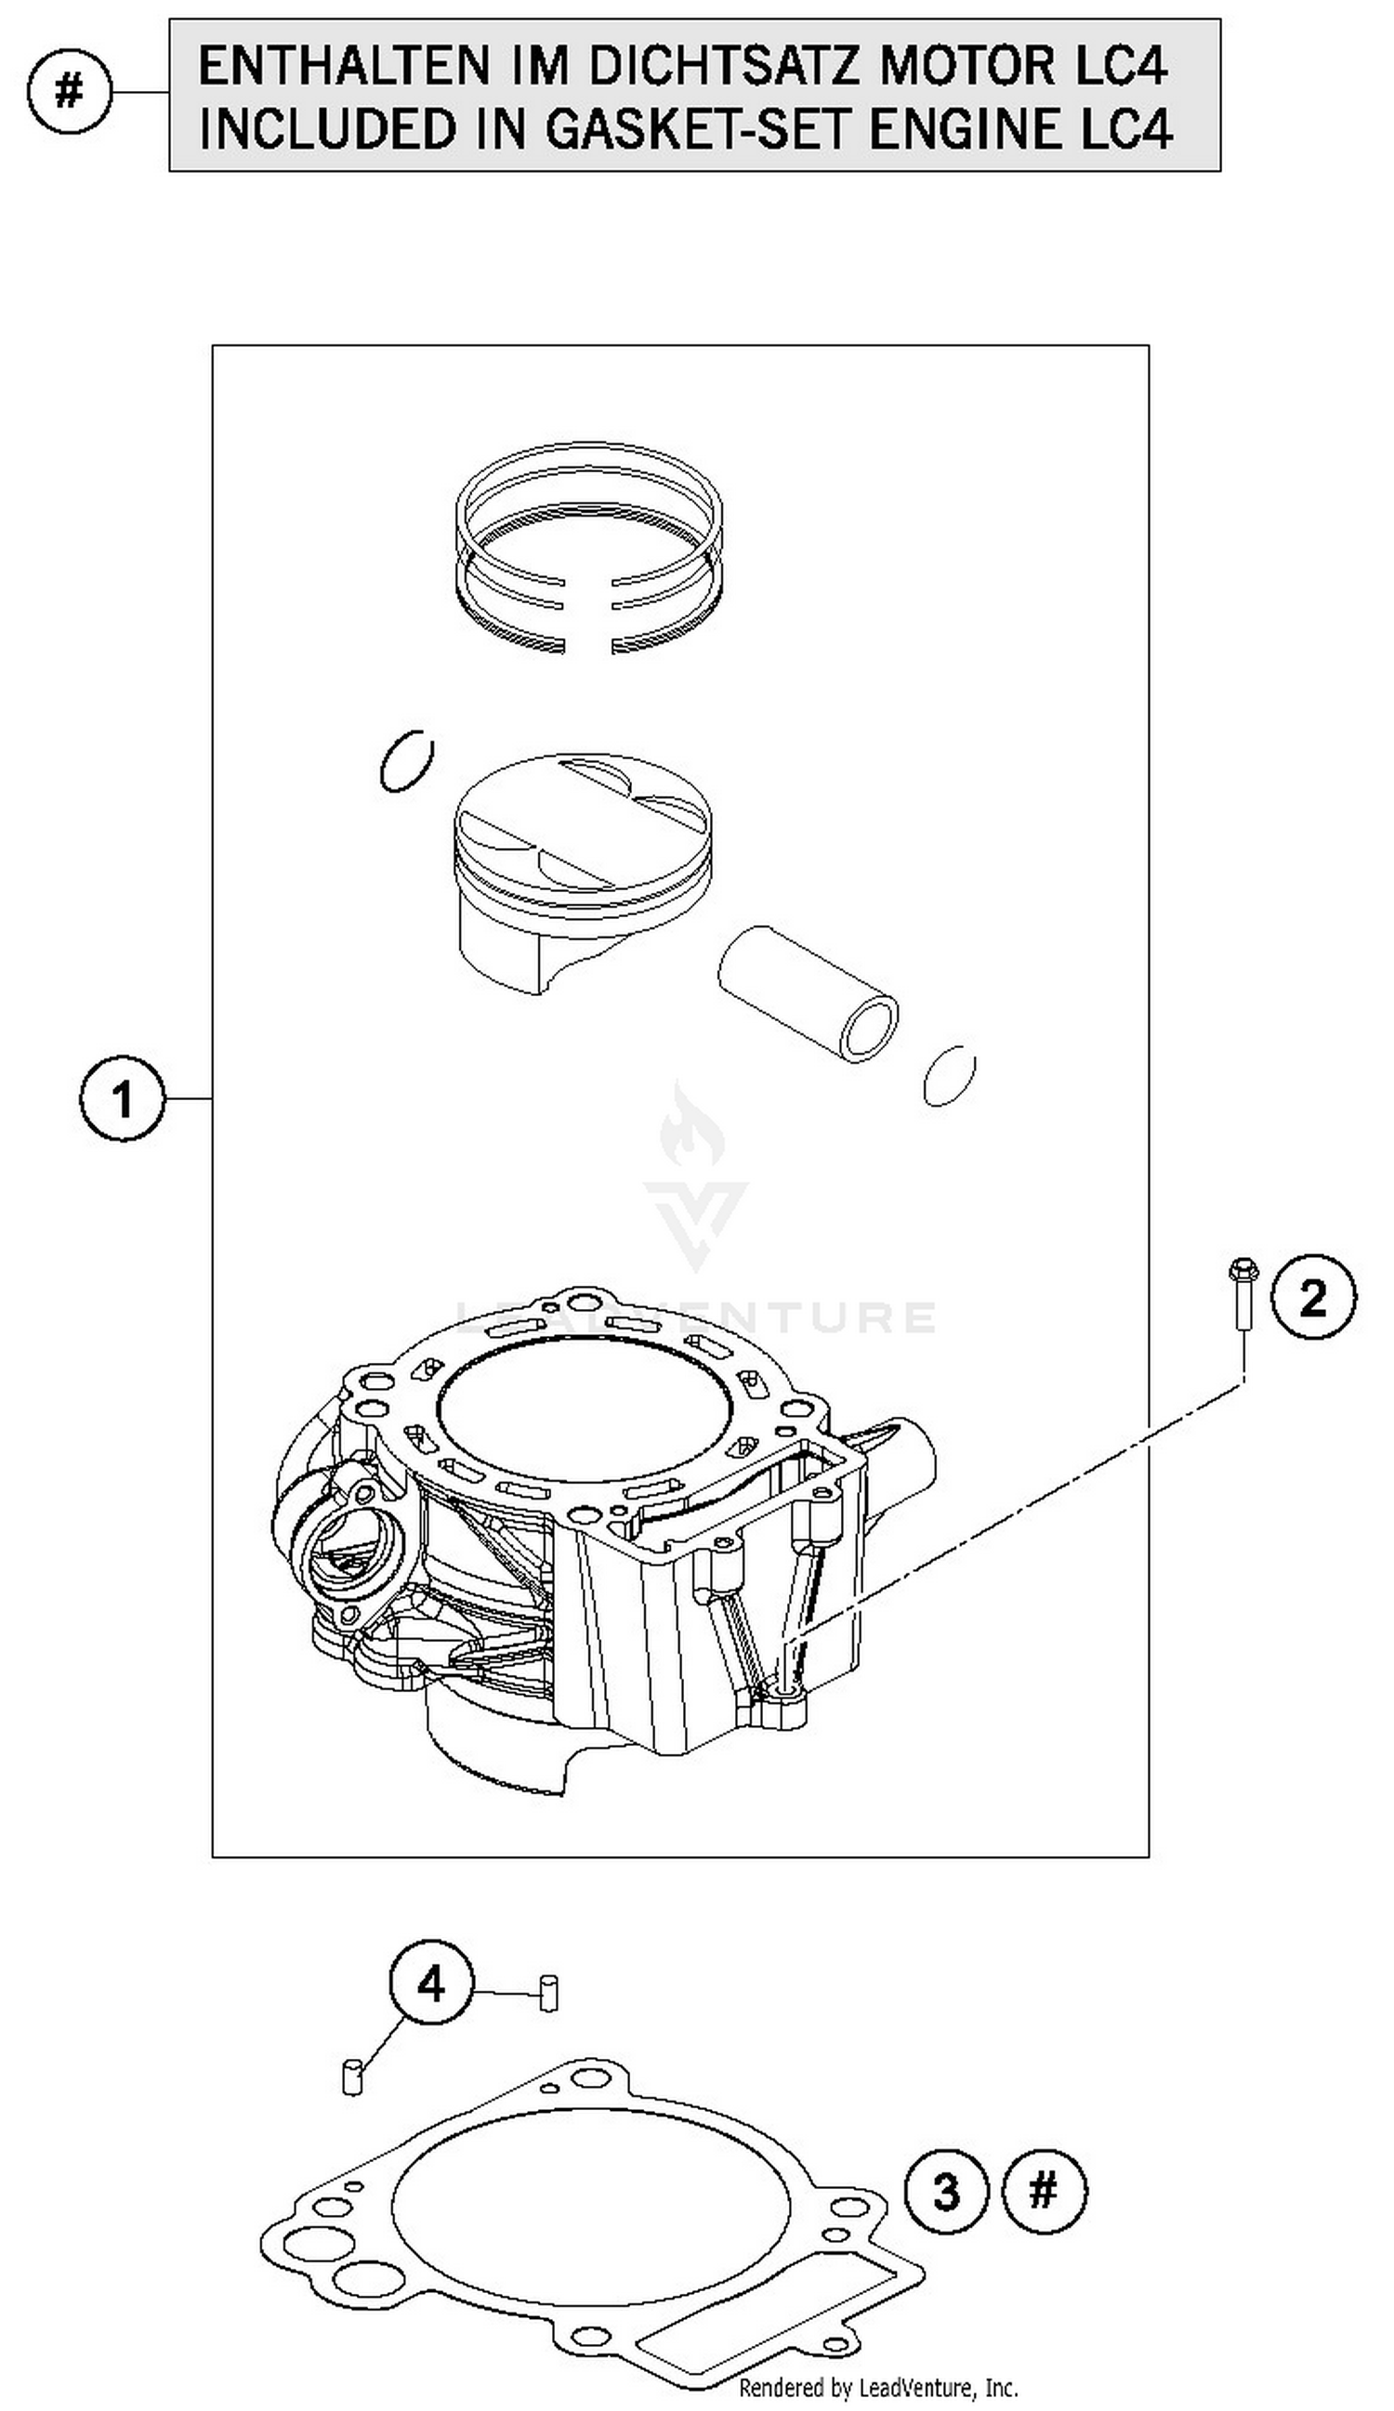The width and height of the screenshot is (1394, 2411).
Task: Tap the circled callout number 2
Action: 1312,1297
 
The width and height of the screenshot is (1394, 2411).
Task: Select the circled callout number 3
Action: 945,2192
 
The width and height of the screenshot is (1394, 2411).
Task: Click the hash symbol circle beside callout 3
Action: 1044,2190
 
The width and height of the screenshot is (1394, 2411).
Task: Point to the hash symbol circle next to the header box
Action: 69,93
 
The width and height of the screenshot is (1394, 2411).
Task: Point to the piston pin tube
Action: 807,992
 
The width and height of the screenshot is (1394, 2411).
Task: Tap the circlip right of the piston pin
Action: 949,1075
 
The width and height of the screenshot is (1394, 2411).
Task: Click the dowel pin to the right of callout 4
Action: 548,1994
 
